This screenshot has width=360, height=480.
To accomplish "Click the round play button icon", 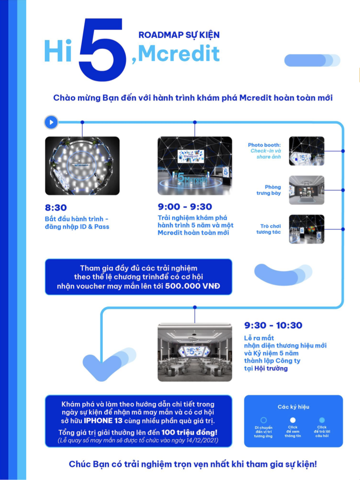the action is pos(51,122).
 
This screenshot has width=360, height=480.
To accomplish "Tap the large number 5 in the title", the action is pos(102,50).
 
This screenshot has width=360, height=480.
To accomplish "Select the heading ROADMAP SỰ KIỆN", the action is pos(179,35).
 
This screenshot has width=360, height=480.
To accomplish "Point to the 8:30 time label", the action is pos(56,208).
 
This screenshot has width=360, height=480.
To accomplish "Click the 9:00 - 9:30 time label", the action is pos(185,207).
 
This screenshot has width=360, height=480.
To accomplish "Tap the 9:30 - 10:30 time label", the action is pos(273,325).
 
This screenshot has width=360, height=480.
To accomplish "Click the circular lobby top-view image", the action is pos(82,165).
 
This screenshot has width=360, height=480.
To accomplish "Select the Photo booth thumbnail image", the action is pos(306,151).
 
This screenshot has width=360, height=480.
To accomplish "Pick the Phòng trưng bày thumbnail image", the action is pos(306,190).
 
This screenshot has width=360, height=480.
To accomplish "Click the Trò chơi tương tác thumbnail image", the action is pos(306,229).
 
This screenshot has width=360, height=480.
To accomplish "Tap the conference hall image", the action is pos(195,352).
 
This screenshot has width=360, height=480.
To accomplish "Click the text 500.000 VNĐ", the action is pos(192,286).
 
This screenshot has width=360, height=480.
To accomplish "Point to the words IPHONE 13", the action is pos(103,420).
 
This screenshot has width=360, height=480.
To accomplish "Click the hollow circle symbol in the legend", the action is pos(263,420).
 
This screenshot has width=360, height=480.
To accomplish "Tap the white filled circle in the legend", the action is pos(293,420).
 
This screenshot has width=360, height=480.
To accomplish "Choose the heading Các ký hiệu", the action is pos(293,407).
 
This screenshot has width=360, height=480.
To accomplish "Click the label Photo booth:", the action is pos(264,145).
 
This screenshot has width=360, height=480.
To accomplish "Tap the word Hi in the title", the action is pos(58,51).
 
